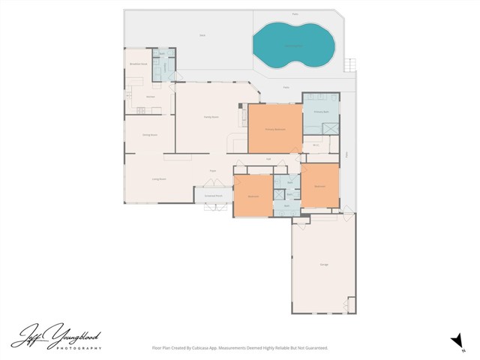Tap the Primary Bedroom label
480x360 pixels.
(x=274, y=129)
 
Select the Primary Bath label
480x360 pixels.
(x=321, y=111)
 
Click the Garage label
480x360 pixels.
(x=324, y=265)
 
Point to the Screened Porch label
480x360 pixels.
(x=214, y=196)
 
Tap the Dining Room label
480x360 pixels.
(x=149, y=135)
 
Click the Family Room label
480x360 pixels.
(x=211, y=117)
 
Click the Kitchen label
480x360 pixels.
(x=150, y=97)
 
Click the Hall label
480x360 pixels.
(x=268, y=159)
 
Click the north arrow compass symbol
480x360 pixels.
(x=455, y=340)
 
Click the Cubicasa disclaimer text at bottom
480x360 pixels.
(x=240, y=347)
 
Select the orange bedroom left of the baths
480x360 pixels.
(x=253, y=196)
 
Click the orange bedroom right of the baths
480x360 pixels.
(x=319, y=185)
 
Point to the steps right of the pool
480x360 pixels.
(x=348, y=65)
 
